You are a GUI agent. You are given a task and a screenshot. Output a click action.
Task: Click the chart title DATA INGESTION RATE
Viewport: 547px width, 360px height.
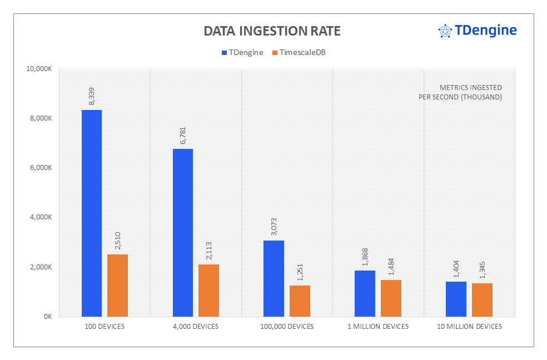[272, 31]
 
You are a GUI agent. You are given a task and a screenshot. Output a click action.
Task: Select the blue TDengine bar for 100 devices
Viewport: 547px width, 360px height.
[92, 213]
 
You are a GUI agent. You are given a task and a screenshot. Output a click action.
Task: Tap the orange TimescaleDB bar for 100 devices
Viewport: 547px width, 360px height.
[117, 286]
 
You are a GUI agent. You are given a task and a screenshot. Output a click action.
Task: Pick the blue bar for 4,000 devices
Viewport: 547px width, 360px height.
[183, 233]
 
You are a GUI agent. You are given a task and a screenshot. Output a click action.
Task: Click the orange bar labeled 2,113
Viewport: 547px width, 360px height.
[208, 291]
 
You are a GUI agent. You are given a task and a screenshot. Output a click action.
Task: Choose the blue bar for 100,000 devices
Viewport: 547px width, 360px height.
[274, 278]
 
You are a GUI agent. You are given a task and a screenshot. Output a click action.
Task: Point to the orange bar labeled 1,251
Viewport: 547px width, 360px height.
[300, 301]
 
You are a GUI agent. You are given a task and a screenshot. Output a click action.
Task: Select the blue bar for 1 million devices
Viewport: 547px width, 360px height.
[365, 293]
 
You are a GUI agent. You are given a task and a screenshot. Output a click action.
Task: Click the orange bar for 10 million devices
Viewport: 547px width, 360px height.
[482, 300]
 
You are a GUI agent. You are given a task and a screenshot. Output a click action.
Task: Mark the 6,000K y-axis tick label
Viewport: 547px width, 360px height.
[41, 168]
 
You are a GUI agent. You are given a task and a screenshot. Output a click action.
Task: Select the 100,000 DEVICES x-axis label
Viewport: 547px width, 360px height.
[287, 327]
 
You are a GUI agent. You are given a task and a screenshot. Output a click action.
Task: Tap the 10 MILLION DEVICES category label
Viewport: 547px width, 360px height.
[469, 327]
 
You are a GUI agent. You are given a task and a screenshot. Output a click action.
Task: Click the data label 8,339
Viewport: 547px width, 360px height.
[92, 96]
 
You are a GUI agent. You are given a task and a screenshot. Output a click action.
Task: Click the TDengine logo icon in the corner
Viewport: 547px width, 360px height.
[445, 31]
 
